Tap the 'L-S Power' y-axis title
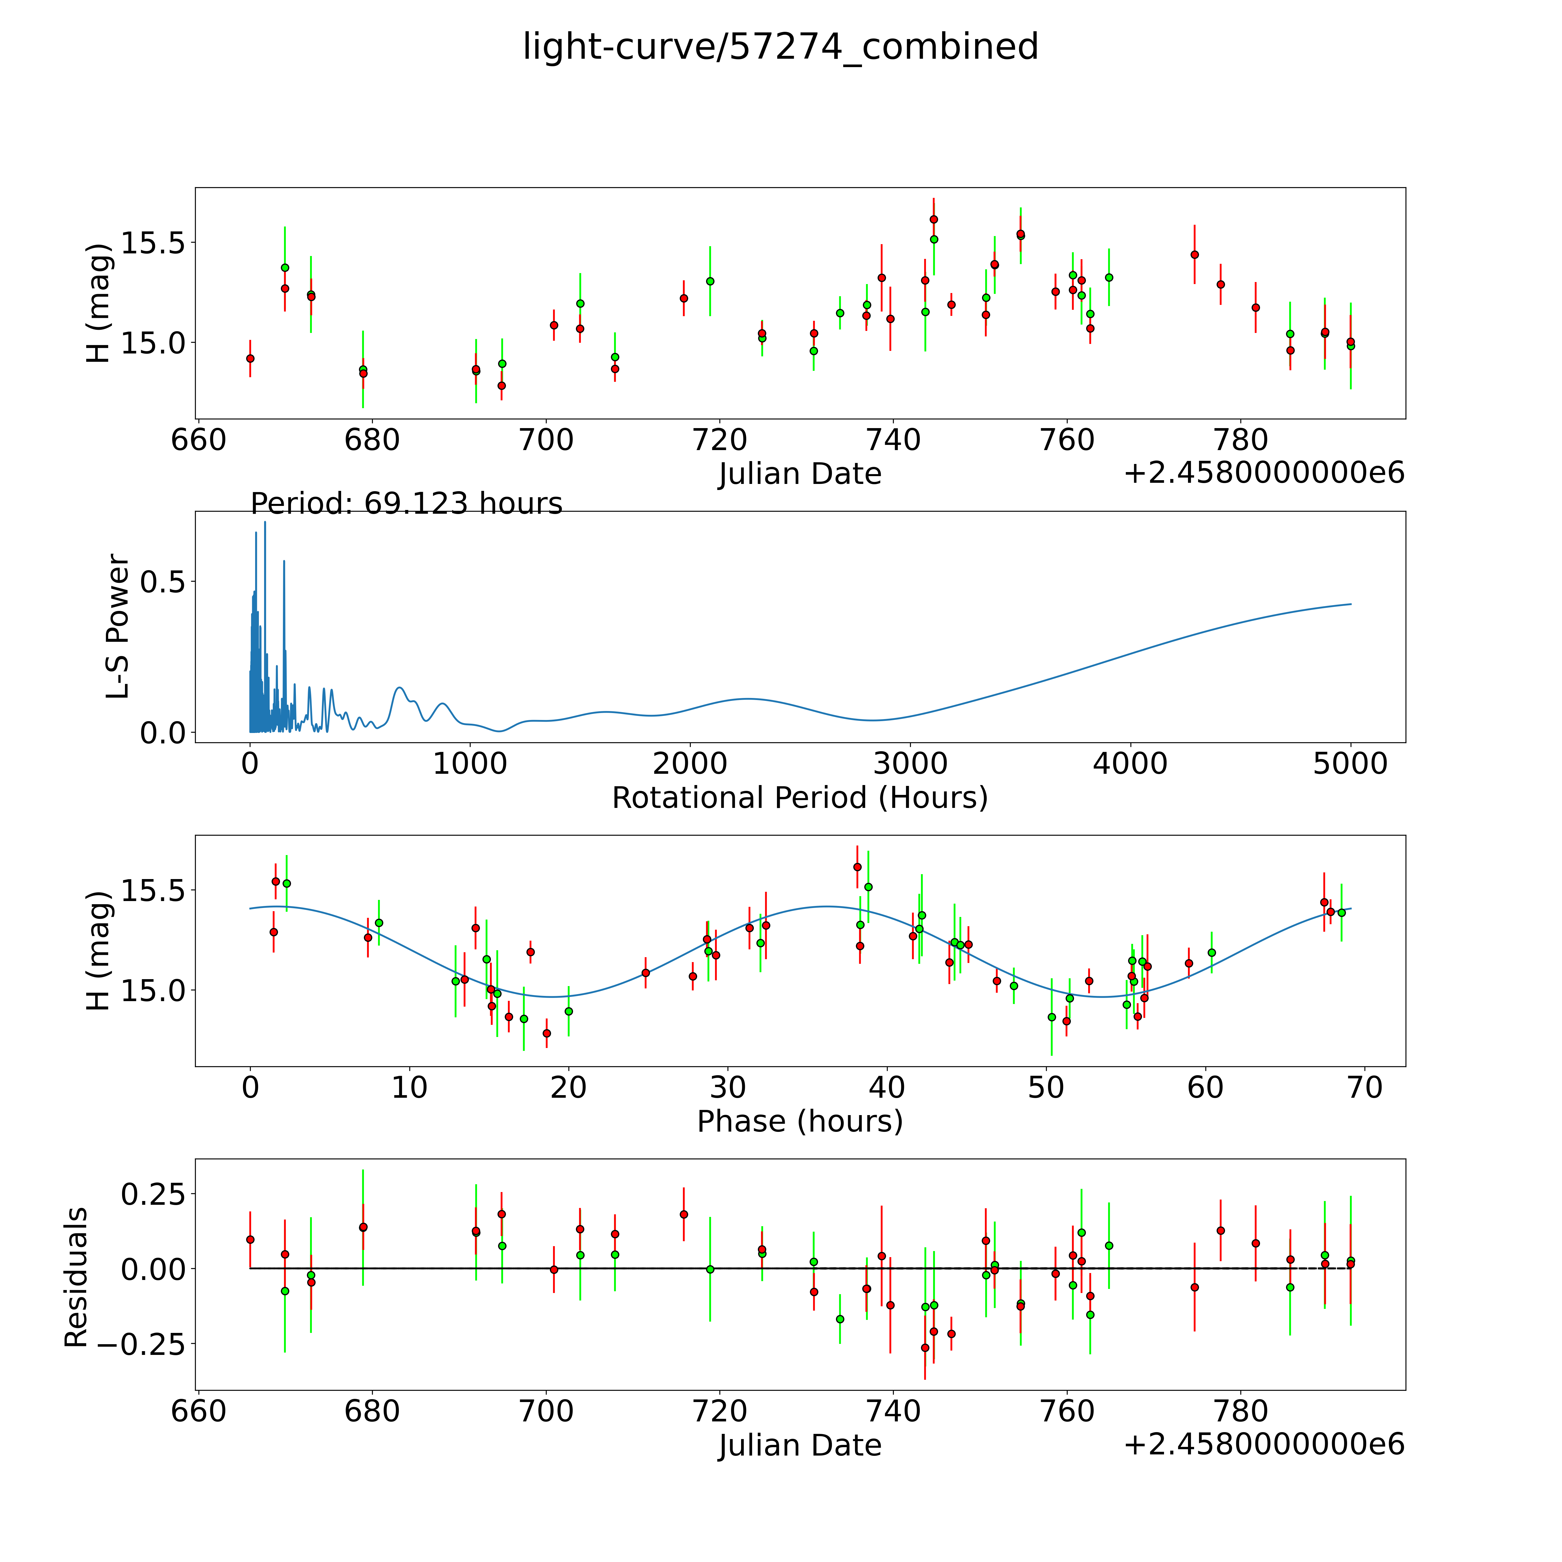[118, 627]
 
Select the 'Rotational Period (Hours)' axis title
[800, 798]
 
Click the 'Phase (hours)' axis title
[800, 1121]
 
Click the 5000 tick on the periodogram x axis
[1350, 763]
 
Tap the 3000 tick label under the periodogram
[910, 763]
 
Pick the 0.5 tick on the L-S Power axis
[163, 582]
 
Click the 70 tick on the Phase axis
[1365, 1087]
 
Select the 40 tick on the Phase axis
[887, 1087]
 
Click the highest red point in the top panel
[934, 219]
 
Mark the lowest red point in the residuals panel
[925, 1348]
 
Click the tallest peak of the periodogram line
[264, 523]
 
